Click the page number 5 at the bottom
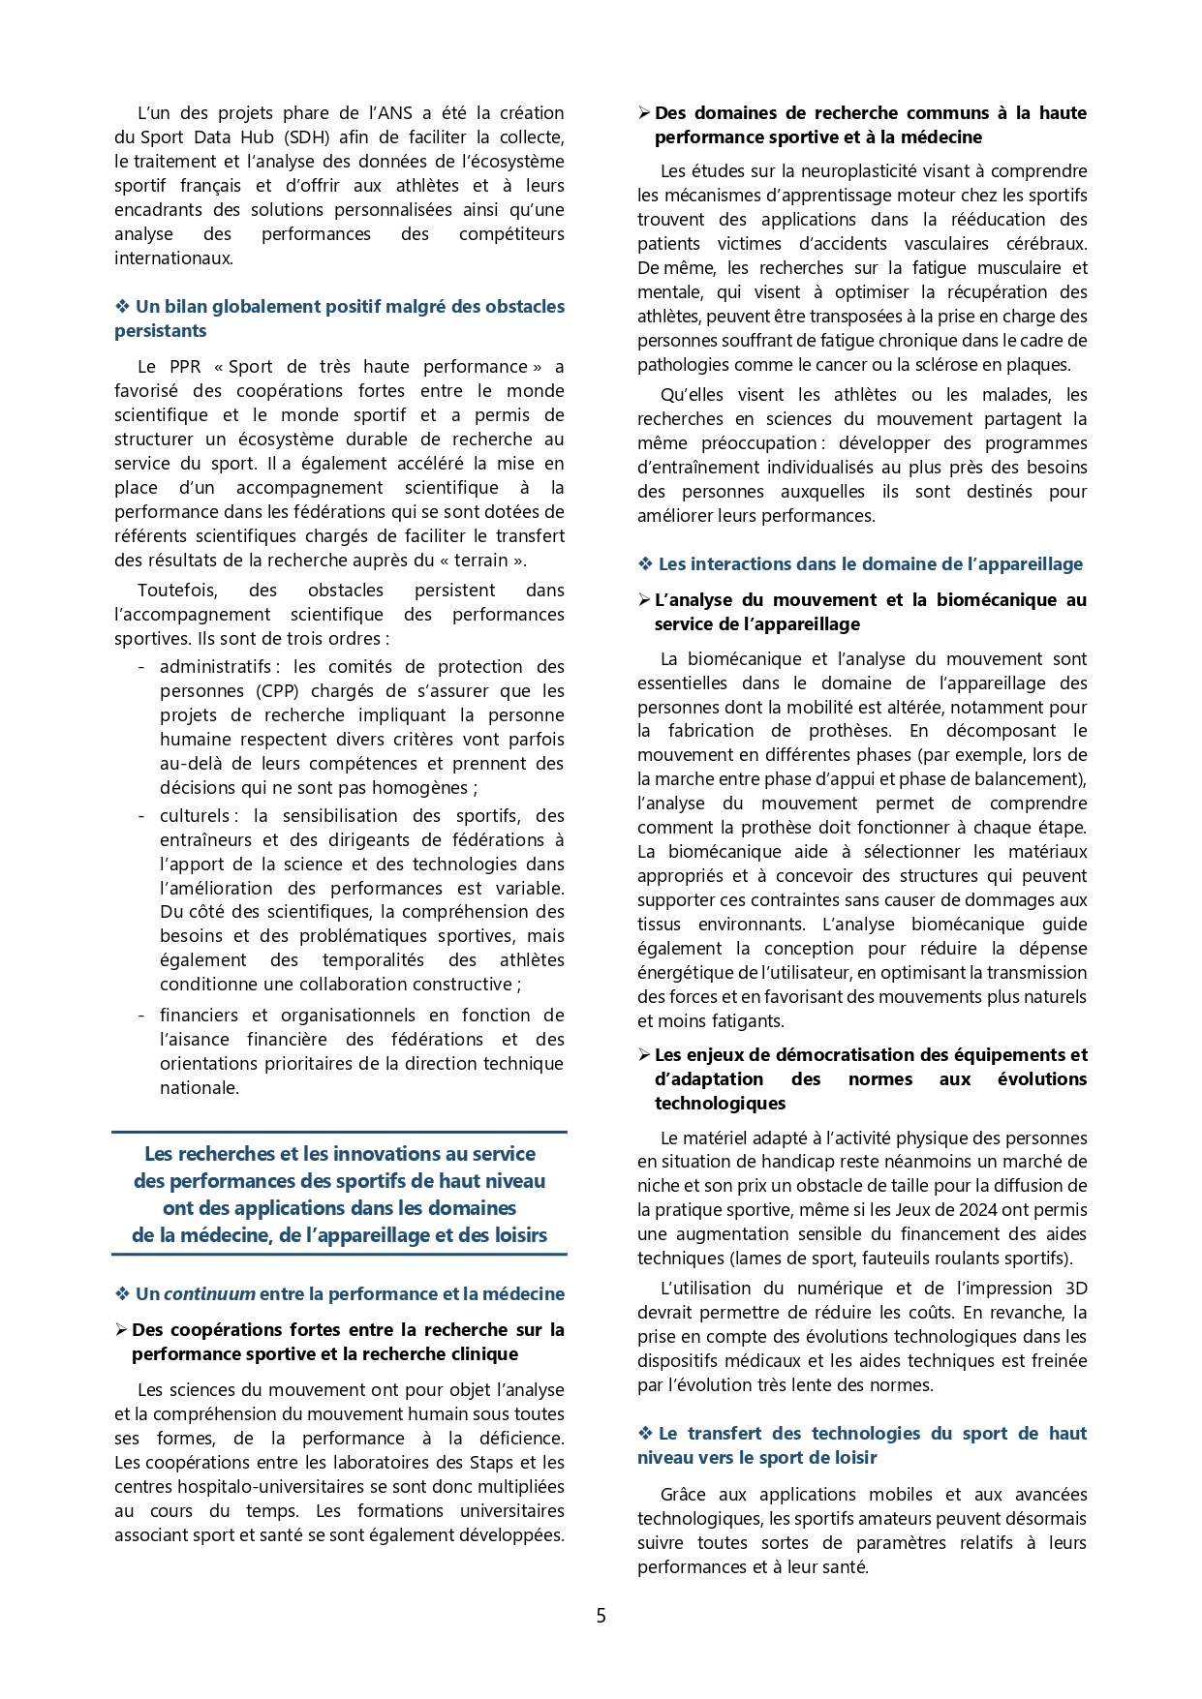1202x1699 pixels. click(601, 1615)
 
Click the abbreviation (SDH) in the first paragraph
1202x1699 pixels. click(307, 137)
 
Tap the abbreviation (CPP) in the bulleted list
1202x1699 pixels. click(278, 691)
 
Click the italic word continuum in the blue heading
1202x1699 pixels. click(209, 1294)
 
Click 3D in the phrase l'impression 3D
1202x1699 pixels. click(1075, 1289)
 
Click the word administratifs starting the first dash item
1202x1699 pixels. click(215, 667)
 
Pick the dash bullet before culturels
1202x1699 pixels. click(142, 816)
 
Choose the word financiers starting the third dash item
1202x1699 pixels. click(199, 1016)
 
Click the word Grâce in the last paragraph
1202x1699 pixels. click(683, 1495)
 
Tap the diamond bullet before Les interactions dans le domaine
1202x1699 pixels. click(645, 564)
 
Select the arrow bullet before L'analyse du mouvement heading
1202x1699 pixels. click(643, 600)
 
